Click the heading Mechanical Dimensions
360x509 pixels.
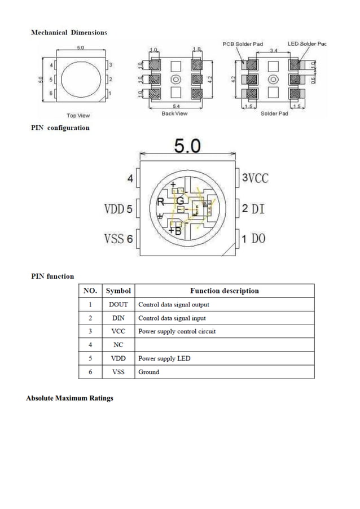pos(68,32)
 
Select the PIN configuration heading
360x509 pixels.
pos(60,128)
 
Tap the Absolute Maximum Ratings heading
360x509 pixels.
pos(69,398)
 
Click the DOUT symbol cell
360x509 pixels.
pos(118,305)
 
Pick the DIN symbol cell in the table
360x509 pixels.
pos(118,318)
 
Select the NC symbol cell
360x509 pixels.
pos(118,345)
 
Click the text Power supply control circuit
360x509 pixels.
pos(177,331)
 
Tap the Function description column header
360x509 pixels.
pos(224,291)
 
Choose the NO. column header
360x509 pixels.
pos(90,291)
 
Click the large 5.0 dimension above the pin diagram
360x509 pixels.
pos(187,146)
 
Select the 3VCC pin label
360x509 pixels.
pos(255,178)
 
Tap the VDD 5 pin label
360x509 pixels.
pos(118,209)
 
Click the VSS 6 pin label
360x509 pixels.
pos(118,239)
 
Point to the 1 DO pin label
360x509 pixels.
pos(253,239)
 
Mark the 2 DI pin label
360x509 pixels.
pos(253,209)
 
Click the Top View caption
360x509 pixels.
pos(78,116)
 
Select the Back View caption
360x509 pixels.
pos(174,113)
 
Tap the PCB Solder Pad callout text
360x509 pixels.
pos(242,44)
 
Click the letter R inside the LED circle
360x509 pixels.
pos(160,202)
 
